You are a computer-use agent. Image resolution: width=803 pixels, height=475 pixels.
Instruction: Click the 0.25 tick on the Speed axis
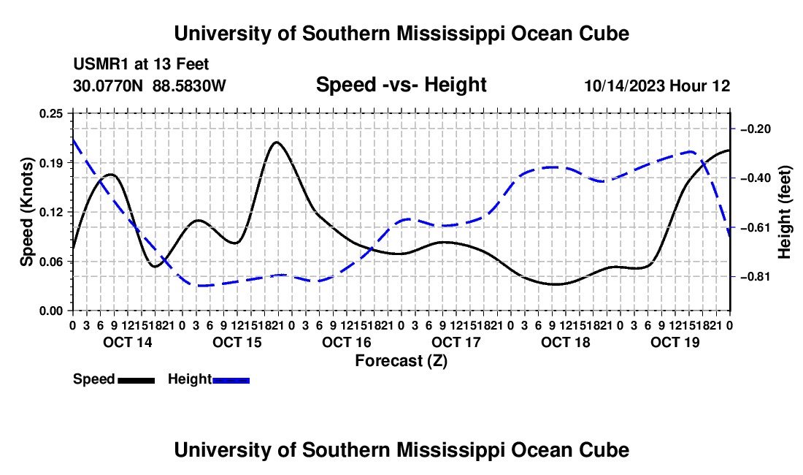coord(50,114)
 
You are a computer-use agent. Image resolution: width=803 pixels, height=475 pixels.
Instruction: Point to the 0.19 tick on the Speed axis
coord(50,163)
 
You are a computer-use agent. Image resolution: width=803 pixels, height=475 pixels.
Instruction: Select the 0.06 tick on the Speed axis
coord(50,262)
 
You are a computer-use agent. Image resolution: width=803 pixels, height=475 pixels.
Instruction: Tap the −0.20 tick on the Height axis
coord(756,129)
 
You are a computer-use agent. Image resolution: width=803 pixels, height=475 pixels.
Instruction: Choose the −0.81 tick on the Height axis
coord(756,277)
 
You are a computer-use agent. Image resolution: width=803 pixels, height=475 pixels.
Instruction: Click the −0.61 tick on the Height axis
coord(756,227)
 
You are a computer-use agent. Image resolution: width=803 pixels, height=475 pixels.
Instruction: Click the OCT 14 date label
coord(128,342)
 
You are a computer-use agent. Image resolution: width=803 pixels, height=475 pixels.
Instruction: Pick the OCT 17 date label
coord(456,342)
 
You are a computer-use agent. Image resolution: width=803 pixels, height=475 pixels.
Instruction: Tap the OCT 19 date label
coord(675,342)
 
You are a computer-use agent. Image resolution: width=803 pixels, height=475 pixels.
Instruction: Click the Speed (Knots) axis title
coord(26,212)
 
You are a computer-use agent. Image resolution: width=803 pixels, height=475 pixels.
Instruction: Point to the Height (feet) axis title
coord(784,212)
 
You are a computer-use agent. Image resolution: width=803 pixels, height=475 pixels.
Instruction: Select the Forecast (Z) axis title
coord(401,361)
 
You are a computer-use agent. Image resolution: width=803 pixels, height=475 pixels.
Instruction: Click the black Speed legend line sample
coord(137,381)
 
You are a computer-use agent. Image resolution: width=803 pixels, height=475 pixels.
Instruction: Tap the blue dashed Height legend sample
coord(231,381)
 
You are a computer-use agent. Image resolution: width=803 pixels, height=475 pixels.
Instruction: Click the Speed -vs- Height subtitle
coord(401,85)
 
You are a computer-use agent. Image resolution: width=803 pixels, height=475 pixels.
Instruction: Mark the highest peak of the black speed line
coord(277,142)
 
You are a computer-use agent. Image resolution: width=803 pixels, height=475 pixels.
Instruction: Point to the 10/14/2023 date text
coord(625,85)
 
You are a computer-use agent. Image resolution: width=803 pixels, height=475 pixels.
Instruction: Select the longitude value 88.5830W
coord(189,85)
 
